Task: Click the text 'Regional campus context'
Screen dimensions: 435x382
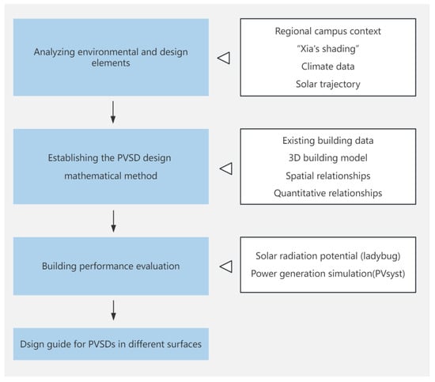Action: coord(328,32)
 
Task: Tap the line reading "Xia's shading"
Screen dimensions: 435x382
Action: coord(328,49)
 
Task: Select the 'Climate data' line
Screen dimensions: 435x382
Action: coord(328,66)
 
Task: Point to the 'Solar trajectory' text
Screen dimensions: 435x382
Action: coord(328,84)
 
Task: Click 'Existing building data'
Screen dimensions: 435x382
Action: coord(328,141)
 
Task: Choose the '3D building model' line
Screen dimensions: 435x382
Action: coord(328,158)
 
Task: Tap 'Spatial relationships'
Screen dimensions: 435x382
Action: coord(328,176)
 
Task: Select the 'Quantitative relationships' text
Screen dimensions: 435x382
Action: coord(328,193)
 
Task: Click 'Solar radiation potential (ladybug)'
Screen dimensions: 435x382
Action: coord(328,256)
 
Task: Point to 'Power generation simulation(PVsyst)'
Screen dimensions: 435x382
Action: coord(328,274)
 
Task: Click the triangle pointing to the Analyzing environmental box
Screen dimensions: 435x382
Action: coord(224,58)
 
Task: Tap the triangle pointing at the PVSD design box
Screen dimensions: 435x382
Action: coord(226,168)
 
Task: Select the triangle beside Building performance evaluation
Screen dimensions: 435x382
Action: coord(226,267)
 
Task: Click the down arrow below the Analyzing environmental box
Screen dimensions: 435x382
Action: coord(113,112)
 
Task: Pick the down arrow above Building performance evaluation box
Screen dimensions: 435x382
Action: coord(113,221)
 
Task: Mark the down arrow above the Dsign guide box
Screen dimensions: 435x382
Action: coord(113,310)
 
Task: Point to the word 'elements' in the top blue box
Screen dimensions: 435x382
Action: coord(111,63)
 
